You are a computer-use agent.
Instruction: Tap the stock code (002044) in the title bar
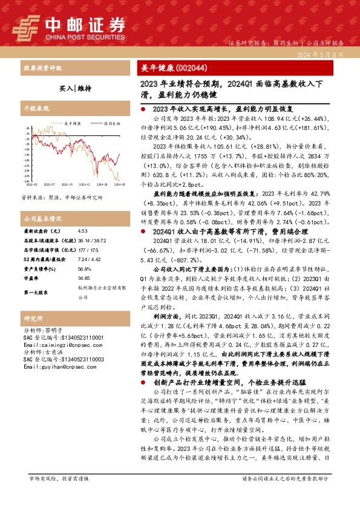(x=185, y=67)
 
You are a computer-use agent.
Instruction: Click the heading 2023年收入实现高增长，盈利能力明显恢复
(x=223, y=108)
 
